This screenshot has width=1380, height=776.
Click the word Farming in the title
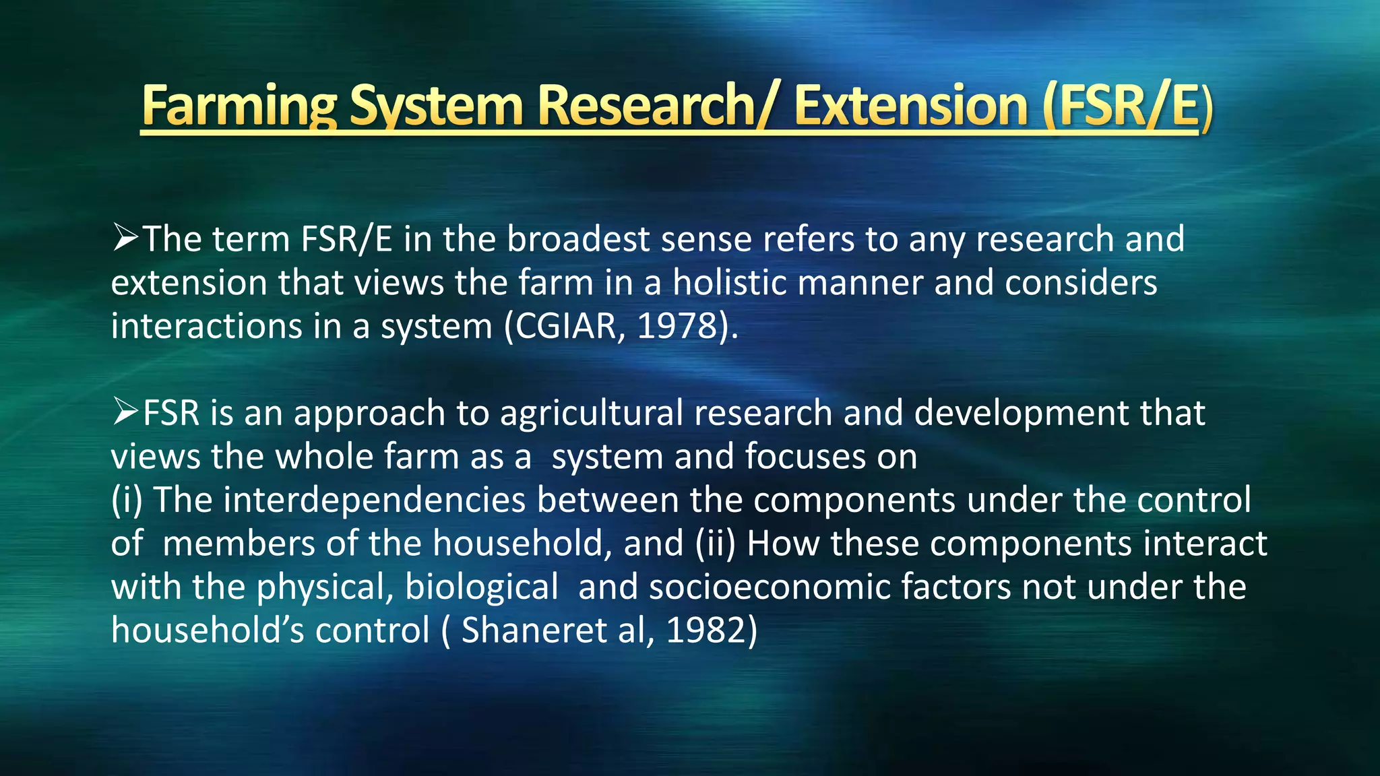[239, 106]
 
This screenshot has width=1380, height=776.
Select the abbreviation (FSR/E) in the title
[1127, 106]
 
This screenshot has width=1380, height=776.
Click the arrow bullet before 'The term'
[125, 238]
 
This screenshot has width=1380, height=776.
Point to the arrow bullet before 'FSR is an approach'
[125, 412]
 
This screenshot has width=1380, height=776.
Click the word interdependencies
[374, 500]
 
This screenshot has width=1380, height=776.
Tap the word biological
[481, 587]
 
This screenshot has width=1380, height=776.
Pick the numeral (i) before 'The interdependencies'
[127, 500]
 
